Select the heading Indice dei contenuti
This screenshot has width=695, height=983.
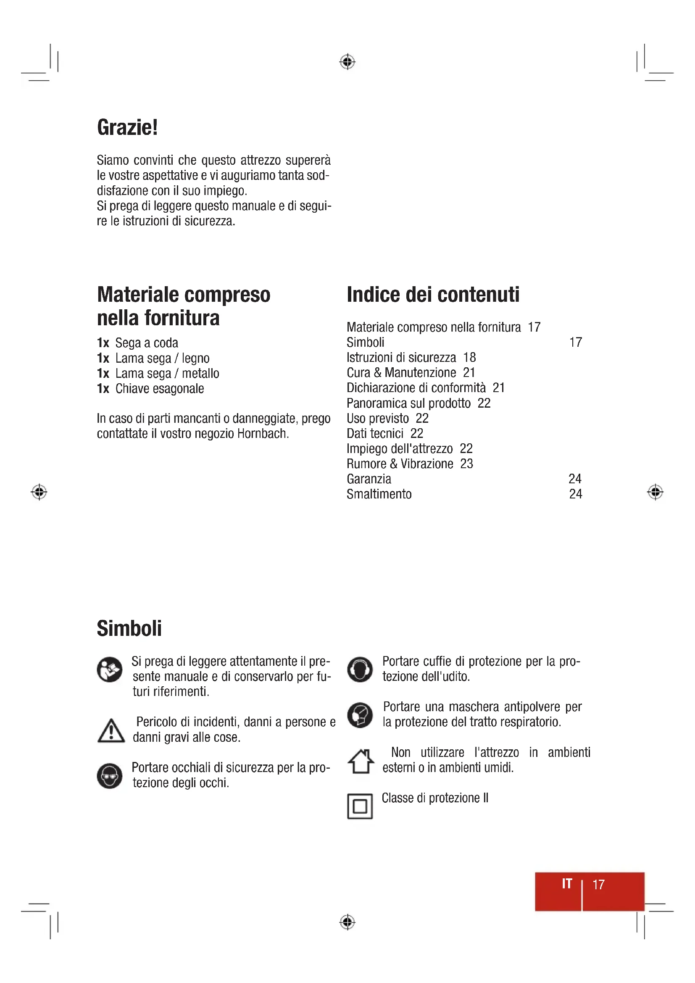[x=433, y=295]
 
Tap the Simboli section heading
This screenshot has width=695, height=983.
[x=129, y=628]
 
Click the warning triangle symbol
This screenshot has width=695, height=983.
[x=111, y=731]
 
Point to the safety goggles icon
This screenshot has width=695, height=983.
[x=110, y=775]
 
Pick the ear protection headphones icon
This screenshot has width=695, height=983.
[x=360, y=669]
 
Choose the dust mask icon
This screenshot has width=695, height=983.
[x=360, y=715]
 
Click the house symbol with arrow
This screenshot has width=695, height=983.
[x=361, y=761]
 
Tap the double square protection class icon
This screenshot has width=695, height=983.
[x=360, y=806]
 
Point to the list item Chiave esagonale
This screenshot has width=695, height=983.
[x=159, y=389]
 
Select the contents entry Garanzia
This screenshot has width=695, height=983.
[x=369, y=479]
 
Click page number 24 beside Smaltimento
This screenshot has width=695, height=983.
[x=575, y=494]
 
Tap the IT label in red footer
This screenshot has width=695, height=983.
[x=566, y=884]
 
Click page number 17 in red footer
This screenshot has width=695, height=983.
[x=598, y=885]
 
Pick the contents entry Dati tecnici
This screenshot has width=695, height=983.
[x=375, y=434]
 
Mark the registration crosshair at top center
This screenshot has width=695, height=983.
[x=347, y=62]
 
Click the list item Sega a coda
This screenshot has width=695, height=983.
[x=146, y=343]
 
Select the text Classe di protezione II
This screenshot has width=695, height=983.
[x=435, y=798]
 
